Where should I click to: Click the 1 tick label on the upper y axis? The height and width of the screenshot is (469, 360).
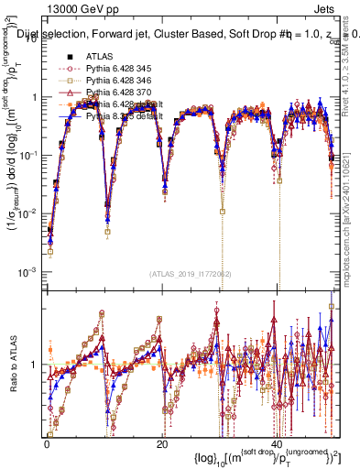[x=37, y=97]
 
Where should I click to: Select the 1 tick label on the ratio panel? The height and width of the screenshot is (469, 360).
[x=37, y=365]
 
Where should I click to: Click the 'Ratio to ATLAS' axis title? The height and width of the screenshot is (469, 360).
[x=12, y=365]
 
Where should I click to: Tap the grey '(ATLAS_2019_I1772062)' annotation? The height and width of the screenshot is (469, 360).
[x=191, y=273]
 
